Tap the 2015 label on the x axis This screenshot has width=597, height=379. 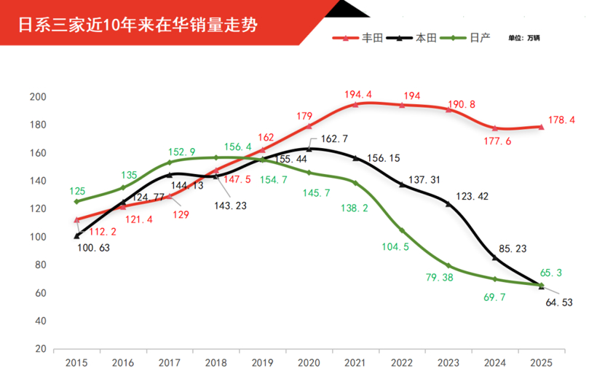point(76,362)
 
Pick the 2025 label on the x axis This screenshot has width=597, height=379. point(541,362)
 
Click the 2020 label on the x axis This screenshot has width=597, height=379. point(309,362)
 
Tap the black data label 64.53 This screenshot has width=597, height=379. point(558,302)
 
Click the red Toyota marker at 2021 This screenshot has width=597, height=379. point(355,104)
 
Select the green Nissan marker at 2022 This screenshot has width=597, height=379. point(402,230)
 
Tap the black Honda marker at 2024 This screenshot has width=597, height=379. point(495,258)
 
